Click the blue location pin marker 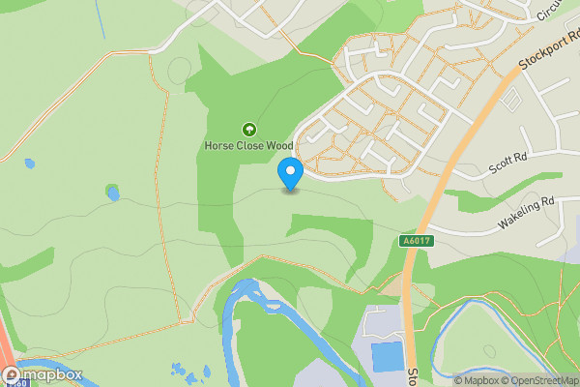290,174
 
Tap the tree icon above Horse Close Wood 248,129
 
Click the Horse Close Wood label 248,146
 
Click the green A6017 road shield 413,240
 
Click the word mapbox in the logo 50,375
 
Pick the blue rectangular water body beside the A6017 389,356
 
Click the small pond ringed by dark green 113,193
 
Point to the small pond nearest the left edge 29,164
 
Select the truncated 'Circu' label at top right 549,10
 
